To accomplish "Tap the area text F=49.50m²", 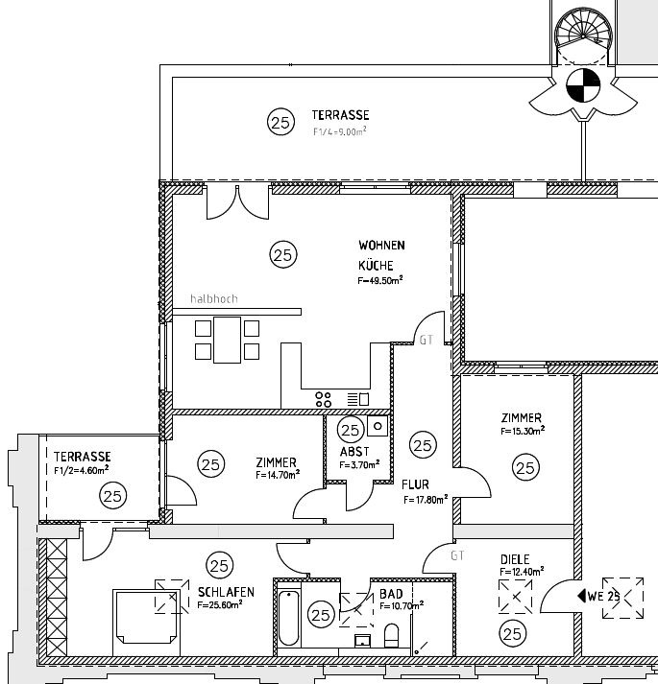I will [x=380, y=280].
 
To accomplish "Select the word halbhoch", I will [x=213, y=298].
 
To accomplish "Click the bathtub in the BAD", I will [x=289, y=617].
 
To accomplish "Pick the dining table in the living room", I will [x=227, y=340].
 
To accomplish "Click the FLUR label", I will [x=415, y=485].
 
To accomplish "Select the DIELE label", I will [x=515, y=558].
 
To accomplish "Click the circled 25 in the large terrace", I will [x=280, y=122].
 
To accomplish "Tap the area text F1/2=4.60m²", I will [x=82, y=470].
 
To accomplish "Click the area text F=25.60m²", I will [x=226, y=605].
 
